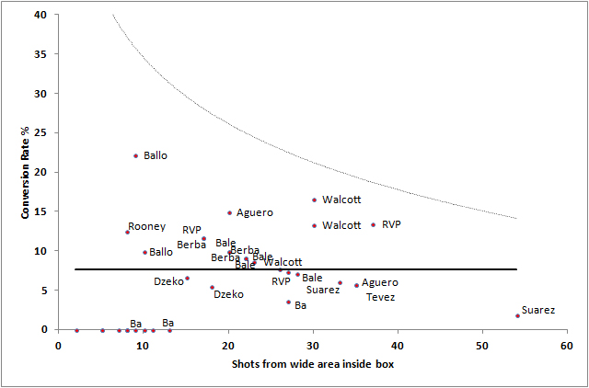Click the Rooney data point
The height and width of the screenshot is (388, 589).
128,232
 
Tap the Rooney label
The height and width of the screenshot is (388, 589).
146,226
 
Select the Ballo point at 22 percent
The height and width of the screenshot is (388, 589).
135,156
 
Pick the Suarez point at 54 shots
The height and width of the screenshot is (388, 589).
518,315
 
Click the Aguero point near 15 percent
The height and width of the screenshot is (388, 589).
229,212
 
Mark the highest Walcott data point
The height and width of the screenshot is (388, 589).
314,200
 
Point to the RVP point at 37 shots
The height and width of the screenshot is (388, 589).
373,224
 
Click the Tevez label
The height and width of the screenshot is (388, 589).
381,297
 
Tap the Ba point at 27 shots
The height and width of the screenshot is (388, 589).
288,302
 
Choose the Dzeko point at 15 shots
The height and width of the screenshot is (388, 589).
187,278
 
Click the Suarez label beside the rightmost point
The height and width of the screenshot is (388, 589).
538,310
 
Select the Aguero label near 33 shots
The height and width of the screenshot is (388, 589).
380,282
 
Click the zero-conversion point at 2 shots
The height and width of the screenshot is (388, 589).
76,330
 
